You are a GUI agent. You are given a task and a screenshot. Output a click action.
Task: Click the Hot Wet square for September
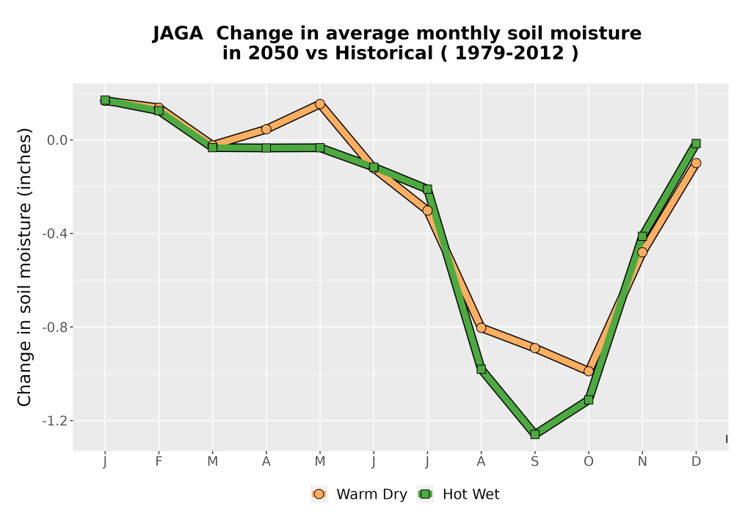coord(534,435)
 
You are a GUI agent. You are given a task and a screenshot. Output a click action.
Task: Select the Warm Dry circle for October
coord(589,372)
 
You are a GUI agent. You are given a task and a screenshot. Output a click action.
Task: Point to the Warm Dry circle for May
coord(320,104)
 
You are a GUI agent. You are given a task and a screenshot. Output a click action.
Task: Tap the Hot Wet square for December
coord(696,144)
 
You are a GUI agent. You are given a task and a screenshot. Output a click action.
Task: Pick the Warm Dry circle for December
coord(696,163)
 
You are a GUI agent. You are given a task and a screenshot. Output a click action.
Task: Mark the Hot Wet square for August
coord(481,369)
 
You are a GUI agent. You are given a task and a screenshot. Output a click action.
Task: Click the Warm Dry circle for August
coord(481,327)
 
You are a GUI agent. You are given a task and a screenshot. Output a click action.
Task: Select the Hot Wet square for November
coord(642,236)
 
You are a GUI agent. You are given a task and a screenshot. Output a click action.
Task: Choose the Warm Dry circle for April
coord(266,128)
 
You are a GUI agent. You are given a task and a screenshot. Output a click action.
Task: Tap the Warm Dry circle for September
coord(534,348)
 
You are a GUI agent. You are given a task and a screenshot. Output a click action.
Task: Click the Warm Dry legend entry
coord(359,494)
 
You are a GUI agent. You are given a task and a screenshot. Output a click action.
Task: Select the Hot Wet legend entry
coord(458,494)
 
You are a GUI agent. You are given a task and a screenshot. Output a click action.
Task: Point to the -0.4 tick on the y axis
coord(54,234)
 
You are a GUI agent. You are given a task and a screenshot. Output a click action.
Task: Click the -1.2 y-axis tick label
coord(54,421)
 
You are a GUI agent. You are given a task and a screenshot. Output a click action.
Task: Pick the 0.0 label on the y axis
coord(57,140)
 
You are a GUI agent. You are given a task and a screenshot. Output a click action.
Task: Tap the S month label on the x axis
coord(534,462)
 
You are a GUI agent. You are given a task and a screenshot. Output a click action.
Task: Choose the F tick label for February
coord(159,462)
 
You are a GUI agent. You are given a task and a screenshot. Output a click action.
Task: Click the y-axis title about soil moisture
coord(24,267)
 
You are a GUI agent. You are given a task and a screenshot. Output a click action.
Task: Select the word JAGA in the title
coord(178,33)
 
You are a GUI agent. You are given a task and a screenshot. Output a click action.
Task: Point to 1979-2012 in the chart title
coord(509,53)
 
